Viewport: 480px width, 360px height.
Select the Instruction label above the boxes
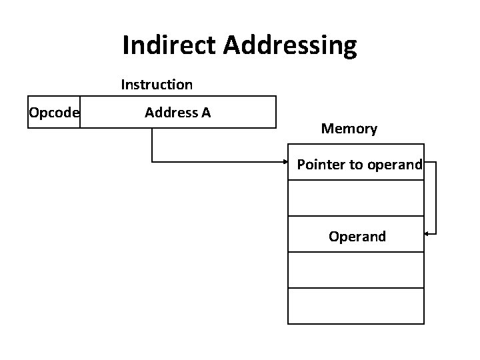tap(157, 85)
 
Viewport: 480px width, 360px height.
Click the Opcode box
tap(53, 112)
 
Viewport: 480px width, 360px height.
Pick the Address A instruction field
tap(177, 112)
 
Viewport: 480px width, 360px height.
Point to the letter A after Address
tap(205, 112)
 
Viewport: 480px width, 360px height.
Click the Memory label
tap(349, 129)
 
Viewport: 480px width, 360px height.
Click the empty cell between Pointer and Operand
tap(356, 198)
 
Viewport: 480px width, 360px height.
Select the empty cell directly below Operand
tap(356, 270)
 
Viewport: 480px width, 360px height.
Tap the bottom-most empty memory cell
tap(356, 306)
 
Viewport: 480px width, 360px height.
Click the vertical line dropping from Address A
tap(152, 144)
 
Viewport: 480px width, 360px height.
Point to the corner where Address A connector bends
tap(152, 161)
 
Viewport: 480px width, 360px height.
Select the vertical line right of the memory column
tap(436, 198)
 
